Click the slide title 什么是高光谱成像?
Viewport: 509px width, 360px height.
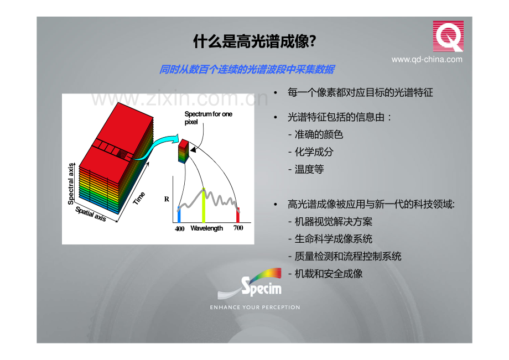(254, 41)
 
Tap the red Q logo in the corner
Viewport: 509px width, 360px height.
(448, 36)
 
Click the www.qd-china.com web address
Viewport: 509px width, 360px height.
(427, 59)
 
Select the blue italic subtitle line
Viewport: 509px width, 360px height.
(247, 70)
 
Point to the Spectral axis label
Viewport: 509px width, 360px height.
(71, 184)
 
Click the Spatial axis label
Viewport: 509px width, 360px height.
(91, 214)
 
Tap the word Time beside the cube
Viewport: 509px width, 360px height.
(139, 198)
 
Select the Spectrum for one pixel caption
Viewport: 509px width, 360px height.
(208, 118)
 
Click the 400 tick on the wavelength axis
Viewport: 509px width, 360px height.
(179, 228)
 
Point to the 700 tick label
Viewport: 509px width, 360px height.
(238, 228)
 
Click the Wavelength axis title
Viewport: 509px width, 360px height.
(206, 228)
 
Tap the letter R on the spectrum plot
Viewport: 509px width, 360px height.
(167, 199)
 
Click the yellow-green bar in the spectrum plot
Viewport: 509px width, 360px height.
(204, 205)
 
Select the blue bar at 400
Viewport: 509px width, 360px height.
(179, 215)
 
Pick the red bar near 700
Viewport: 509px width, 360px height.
(238, 215)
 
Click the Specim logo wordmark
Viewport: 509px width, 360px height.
(261, 287)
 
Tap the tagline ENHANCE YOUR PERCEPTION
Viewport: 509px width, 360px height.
(255, 307)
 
